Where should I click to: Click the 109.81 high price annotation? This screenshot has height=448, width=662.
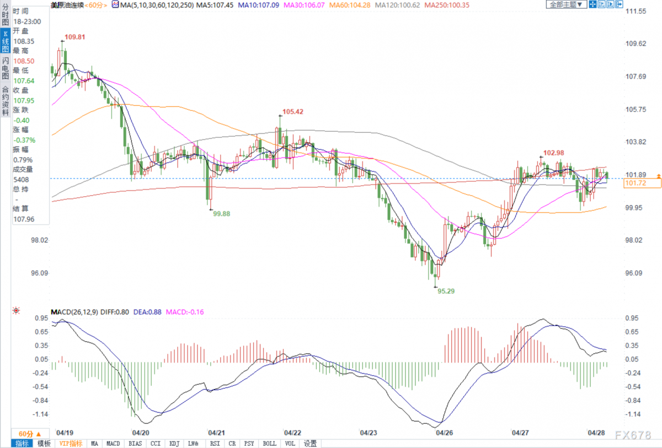pyautogui.click(x=75, y=37)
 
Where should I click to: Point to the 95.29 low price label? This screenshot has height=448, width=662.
pyautogui.click(x=446, y=291)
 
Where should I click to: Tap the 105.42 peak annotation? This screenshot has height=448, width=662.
pyautogui.click(x=292, y=111)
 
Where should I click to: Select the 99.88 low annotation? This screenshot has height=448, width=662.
pyautogui.click(x=221, y=214)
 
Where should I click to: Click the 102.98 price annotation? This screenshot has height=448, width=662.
pyautogui.click(x=553, y=153)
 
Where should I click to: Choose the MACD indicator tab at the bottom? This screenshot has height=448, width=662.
pyautogui.click(x=113, y=443)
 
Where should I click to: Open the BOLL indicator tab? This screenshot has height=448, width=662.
pyautogui.click(x=270, y=443)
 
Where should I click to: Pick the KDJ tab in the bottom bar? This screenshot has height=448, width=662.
pyautogui.click(x=174, y=443)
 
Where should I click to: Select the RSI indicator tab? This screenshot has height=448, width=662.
pyautogui.click(x=215, y=443)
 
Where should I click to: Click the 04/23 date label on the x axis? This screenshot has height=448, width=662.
pyautogui.click(x=369, y=433)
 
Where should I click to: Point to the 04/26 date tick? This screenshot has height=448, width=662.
pyautogui.click(x=444, y=433)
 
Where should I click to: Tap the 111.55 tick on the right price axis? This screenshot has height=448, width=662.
pyautogui.click(x=636, y=11)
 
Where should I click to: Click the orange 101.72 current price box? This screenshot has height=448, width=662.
pyautogui.click(x=642, y=183)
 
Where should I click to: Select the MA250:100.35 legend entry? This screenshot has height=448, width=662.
pyautogui.click(x=446, y=5)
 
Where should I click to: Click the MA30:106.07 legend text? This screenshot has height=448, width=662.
pyautogui.click(x=304, y=5)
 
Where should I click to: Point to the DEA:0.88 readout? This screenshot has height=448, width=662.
pyautogui.click(x=147, y=312)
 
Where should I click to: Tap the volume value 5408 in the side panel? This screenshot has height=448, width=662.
pyautogui.click(x=21, y=180)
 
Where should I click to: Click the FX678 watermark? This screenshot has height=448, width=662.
pyautogui.click(x=633, y=435)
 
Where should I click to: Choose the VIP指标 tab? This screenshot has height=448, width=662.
pyautogui.click(x=71, y=443)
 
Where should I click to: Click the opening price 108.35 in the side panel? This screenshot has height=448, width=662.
pyautogui.click(x=24, y=41)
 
